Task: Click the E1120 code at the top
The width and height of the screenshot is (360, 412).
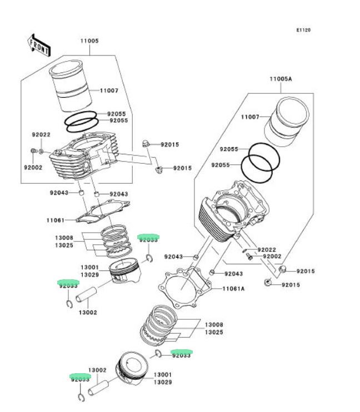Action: (303, 30)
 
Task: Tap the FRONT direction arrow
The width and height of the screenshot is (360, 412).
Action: (39, 45)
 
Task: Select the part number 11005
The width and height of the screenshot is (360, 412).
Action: (89, 41)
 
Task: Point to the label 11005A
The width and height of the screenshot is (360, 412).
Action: (281, 79)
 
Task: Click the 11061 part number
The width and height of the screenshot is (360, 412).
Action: (56, 220)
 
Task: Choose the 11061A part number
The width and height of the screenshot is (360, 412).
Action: (233, 289)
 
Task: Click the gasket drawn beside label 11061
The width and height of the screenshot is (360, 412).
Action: (103, 211)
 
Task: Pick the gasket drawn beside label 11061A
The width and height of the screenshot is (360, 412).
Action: (185, 288)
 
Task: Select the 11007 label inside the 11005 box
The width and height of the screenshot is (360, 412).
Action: (109, 91)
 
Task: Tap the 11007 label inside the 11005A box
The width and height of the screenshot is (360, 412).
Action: (250, 117)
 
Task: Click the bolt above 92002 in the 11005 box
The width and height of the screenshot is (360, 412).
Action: (33, 151)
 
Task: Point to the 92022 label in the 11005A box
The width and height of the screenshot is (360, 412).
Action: (267, 250)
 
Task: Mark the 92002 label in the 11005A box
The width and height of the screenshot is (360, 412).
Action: (272, 256)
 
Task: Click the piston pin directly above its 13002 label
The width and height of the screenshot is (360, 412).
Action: (86, 294)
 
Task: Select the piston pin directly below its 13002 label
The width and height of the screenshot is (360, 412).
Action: (98, 388)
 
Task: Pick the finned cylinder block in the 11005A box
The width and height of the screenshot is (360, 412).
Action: (233, 210)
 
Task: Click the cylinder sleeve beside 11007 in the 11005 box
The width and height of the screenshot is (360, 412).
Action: (71, 86)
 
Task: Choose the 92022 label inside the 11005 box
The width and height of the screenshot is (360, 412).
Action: (41, 134)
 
